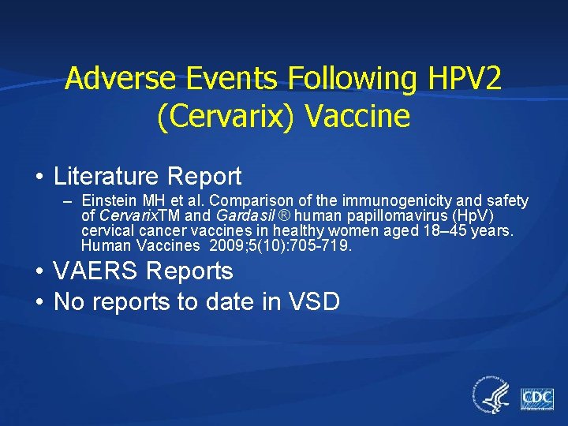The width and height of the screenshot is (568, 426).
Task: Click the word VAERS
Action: pos(92,272)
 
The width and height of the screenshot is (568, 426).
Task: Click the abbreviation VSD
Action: pos(312,301)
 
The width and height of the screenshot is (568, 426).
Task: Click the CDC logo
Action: pos(537,398)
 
